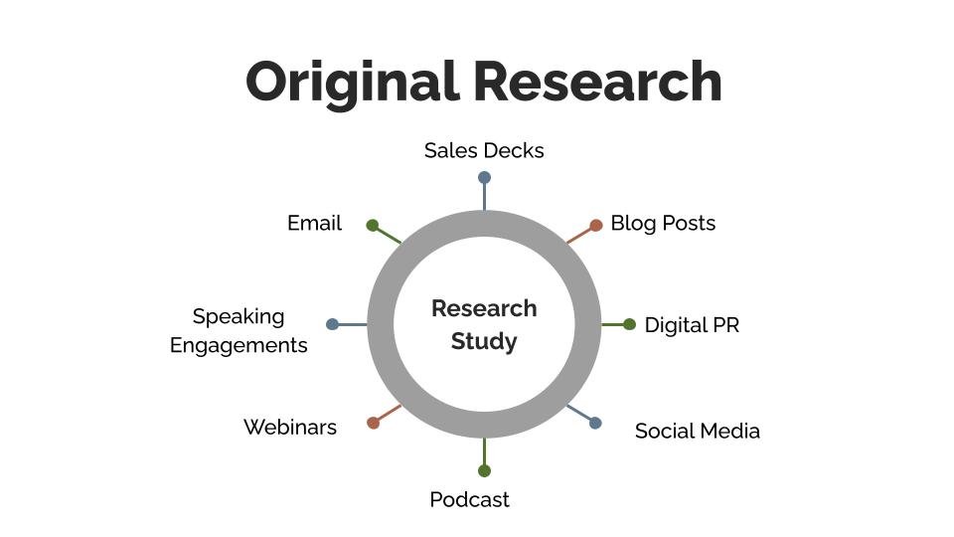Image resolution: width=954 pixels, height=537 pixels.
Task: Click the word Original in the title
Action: coord(352,82)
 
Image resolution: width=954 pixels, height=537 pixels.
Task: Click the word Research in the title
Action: coord(596,82)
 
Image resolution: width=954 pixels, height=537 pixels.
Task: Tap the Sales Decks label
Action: coord(484,150)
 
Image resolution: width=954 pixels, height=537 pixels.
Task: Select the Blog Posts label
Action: coord(663,223)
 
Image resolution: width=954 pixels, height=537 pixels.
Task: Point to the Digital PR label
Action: coord(692,325)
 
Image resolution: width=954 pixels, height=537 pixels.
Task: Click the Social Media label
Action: coord(697,431)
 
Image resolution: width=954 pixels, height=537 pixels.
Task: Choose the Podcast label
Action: coord(469,499)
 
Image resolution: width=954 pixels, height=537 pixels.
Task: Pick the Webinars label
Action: coord(290,427)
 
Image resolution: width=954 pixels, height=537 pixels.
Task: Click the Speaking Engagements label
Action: coord(238,330)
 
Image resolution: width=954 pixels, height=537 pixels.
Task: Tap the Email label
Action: coord(314,223)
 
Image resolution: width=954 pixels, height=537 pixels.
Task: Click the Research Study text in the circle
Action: coord(484,324)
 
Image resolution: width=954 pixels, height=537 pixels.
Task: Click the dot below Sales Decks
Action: coord(484,178)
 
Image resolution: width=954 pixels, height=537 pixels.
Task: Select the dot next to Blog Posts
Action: coord(596,226)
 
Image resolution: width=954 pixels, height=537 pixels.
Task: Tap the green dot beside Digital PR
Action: coord(629,324)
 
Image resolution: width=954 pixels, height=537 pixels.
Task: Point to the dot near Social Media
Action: coord(595,423)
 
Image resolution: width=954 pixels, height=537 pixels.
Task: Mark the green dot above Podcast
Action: coord(484,470)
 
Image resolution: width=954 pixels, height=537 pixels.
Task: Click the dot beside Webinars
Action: coord(374,423)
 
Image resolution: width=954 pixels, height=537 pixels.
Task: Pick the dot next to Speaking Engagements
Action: coord(332,324)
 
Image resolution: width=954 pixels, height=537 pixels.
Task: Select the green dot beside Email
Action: coord(373,226)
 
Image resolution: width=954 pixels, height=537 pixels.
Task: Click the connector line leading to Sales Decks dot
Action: coord(484,197)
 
